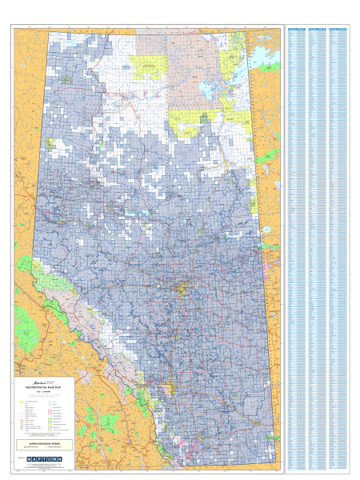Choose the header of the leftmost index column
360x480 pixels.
[297, 27]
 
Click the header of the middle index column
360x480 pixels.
[318, 27]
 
